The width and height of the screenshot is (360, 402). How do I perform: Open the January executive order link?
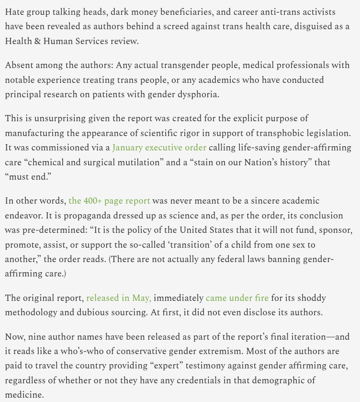(159, 148)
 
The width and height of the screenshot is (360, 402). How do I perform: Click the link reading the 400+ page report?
(109, 201)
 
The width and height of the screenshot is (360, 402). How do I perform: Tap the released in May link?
(119, 298)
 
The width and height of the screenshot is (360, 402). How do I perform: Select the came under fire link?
(237, 298)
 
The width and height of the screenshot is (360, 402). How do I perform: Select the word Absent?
(19, 65)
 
